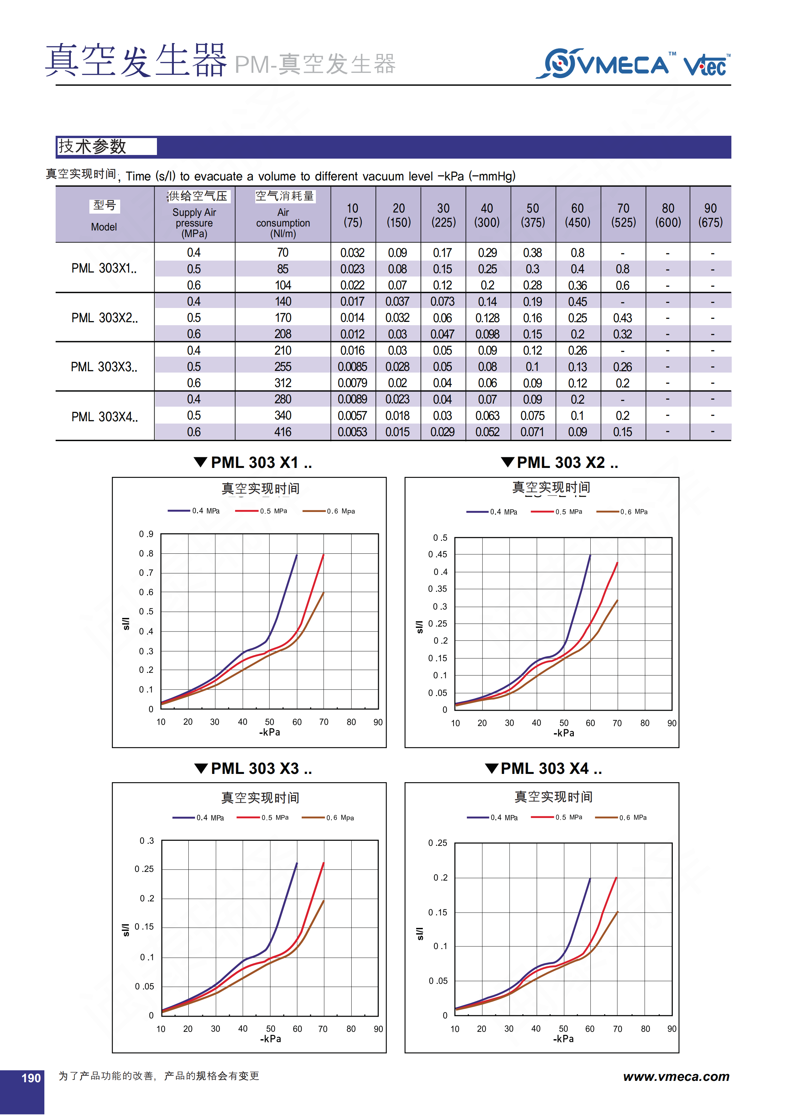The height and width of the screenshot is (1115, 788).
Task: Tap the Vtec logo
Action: pyautogui.click(x=706, y=66)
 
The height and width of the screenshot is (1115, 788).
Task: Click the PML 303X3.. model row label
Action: pyautogui.click(x=104, y=367)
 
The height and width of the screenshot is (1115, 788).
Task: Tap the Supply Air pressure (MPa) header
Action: pyautogui.click(x=194, y=223)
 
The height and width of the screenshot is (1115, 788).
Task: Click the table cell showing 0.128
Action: pyautogui.click(x=487, y=318)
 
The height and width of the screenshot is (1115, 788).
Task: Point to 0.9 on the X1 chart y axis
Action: pyautogui.click(x=146, y=534)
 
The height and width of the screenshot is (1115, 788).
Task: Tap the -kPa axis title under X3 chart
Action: pyautogui.click(x=271, y=1039)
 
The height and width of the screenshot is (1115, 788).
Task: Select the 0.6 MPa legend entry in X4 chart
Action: pyautogui.click(x=622, y=817)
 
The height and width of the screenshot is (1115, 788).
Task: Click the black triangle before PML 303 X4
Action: pyautogui.click(x=492, y=768)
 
